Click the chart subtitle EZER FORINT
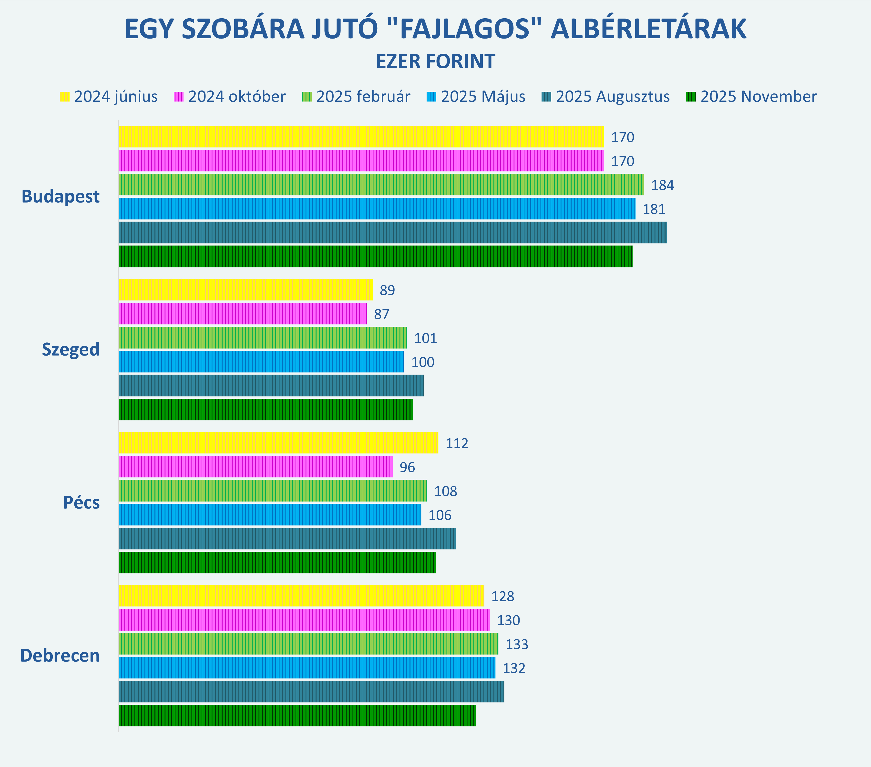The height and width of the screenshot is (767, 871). tap(435, 61)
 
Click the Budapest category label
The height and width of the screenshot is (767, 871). tap(61, 196)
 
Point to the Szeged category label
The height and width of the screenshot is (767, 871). tap(71, 349)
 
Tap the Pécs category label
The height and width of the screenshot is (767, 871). tap(82, 502)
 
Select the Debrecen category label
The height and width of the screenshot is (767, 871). tap(60, 655)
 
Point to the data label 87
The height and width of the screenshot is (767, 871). tap(381, 314)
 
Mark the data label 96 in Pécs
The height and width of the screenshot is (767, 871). tap(407, 467)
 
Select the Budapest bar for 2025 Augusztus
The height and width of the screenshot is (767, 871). tap(392, 232)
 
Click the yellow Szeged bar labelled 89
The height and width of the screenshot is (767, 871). tap(246, 290)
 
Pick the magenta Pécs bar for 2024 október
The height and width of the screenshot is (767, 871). tap(256, 467)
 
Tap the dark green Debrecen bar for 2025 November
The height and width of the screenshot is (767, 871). tap(297, 716)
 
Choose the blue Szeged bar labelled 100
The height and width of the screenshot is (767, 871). tap(261, 361)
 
